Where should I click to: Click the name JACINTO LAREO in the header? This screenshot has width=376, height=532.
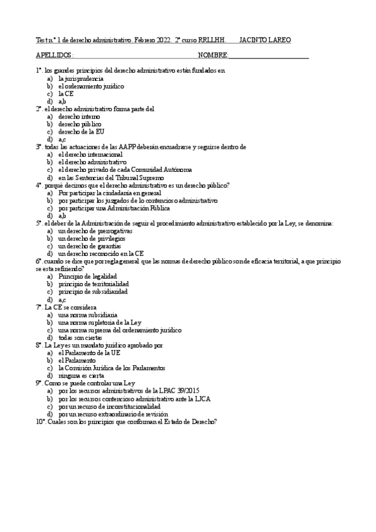pyautogui.click(x=266, y=40)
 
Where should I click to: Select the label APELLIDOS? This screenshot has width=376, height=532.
pyautogui.click(x=55, y=55)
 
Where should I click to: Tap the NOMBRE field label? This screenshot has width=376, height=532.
pyautogui.click(x=213, y=55)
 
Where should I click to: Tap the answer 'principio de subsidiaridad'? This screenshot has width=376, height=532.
pyautogui.click(x=93, y=292)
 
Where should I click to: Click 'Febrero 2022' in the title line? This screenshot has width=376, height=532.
pyautogui.click(x=152, y=40)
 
